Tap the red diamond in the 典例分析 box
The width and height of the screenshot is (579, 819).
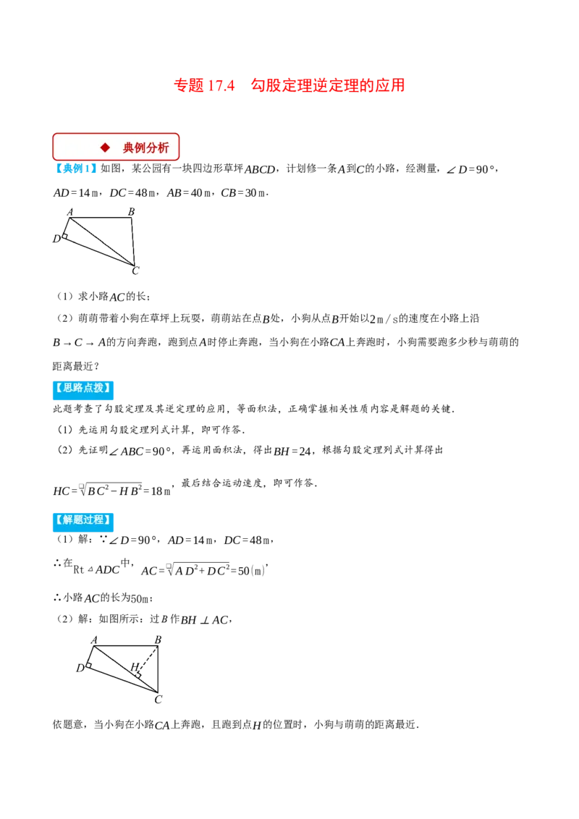[x=106, y=148]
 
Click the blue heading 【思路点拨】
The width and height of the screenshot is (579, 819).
[x=83, y=388]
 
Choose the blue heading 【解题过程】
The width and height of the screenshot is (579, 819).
[x=83, y=519]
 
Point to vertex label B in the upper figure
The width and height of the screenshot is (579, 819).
[x=131, y=211]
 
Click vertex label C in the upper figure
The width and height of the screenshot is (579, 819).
[x=135, y=271]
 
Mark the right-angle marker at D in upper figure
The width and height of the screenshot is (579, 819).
[x=65, y=237]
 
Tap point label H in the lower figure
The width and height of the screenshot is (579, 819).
[x=135, y=666]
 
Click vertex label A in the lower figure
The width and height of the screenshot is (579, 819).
[x=94, y=640]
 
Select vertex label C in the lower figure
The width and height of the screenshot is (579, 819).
[x=159, y=699]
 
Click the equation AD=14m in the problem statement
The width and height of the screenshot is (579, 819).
[x=76, y=192]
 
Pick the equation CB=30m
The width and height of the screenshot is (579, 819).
[x=244, y=192]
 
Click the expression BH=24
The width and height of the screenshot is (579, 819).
[x=292, y=451]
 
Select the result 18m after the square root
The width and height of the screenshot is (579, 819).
[x=161, y=491]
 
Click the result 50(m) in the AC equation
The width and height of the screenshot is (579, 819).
[x=251, y=571]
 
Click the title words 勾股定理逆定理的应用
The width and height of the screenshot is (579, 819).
[x=328, y=85]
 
